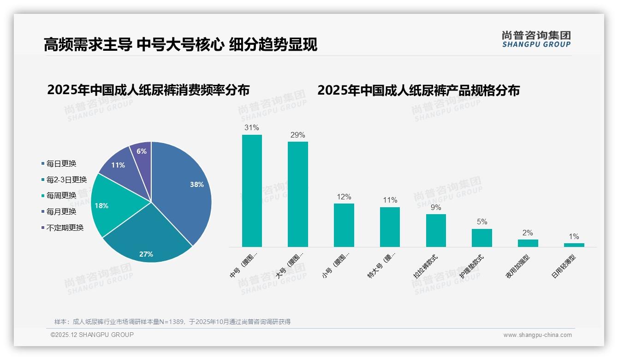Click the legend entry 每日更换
click(61, 163)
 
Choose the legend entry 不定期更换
click(65, 228)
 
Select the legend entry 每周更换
click(61, 195)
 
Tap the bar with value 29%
click(297, 194)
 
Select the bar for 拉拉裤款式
click(436, 230)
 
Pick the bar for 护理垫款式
click(481, 238)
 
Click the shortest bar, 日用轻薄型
click(574, 245)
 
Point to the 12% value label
click(344, 197)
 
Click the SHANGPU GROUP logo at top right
click(536, 39)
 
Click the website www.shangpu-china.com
click(537, 335)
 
